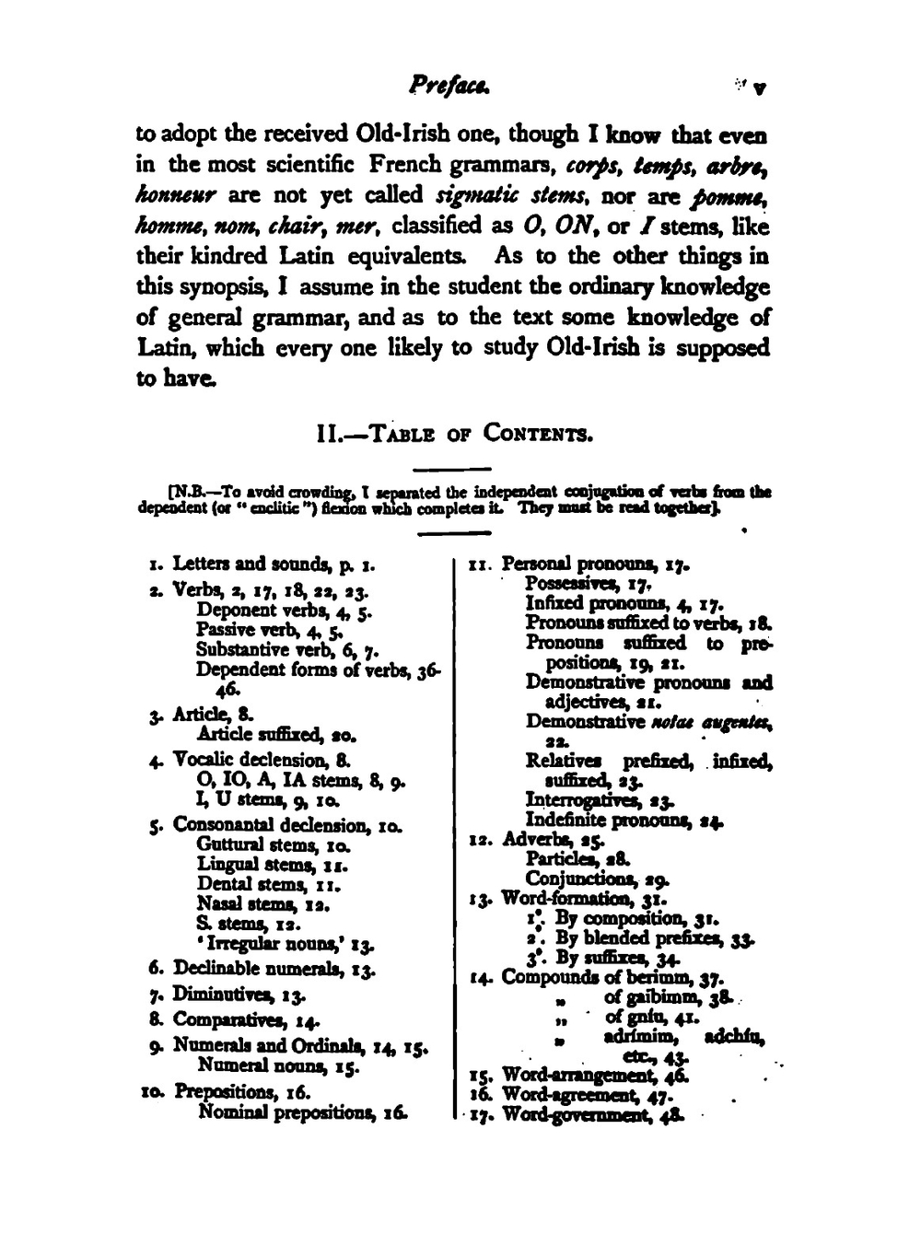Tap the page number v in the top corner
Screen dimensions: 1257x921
tap(759, 89)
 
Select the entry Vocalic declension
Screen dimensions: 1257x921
tap(249, 761)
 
